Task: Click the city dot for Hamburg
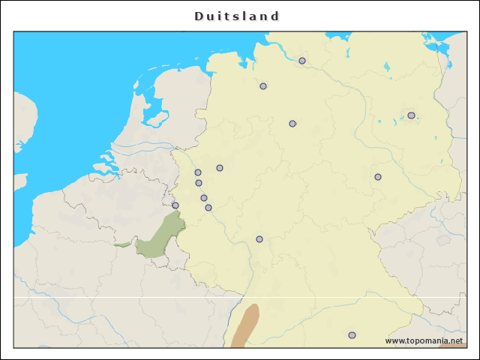302,61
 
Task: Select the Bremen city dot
263,86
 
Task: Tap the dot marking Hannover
292,124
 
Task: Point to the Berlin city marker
411,115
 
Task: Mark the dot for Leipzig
378,177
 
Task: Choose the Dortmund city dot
220,168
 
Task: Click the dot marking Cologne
204,198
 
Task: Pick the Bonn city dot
208,208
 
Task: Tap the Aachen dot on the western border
175,205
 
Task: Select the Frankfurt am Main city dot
259,239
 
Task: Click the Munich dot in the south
352,335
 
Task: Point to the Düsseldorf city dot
199,183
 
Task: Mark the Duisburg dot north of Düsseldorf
198,172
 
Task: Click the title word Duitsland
237,16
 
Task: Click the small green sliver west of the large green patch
121,244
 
